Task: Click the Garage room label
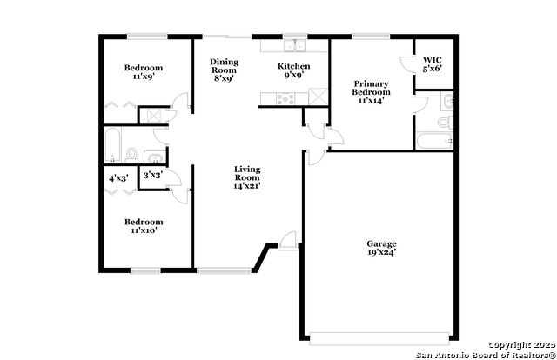[381, 243]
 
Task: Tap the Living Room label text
[247, 173]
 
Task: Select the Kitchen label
[294, 66]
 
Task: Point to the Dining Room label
[225, 66]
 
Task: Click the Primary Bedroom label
[372, 88]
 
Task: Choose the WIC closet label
[433, 60]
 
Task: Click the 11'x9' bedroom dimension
[144, 76]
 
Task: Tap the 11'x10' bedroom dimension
[144, 230]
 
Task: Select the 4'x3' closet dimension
[118, 178]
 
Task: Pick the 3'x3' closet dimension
[153, 175]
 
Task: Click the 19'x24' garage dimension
[381, 252]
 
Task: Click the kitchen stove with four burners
[285, 98]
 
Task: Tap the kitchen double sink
[295, 45]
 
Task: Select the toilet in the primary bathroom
[446, 122]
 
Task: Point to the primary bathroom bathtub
[434, 141]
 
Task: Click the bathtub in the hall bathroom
[112, 145]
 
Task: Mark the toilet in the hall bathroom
[131, 156]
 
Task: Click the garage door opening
[379, 339]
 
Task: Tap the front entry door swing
[288, 241]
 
